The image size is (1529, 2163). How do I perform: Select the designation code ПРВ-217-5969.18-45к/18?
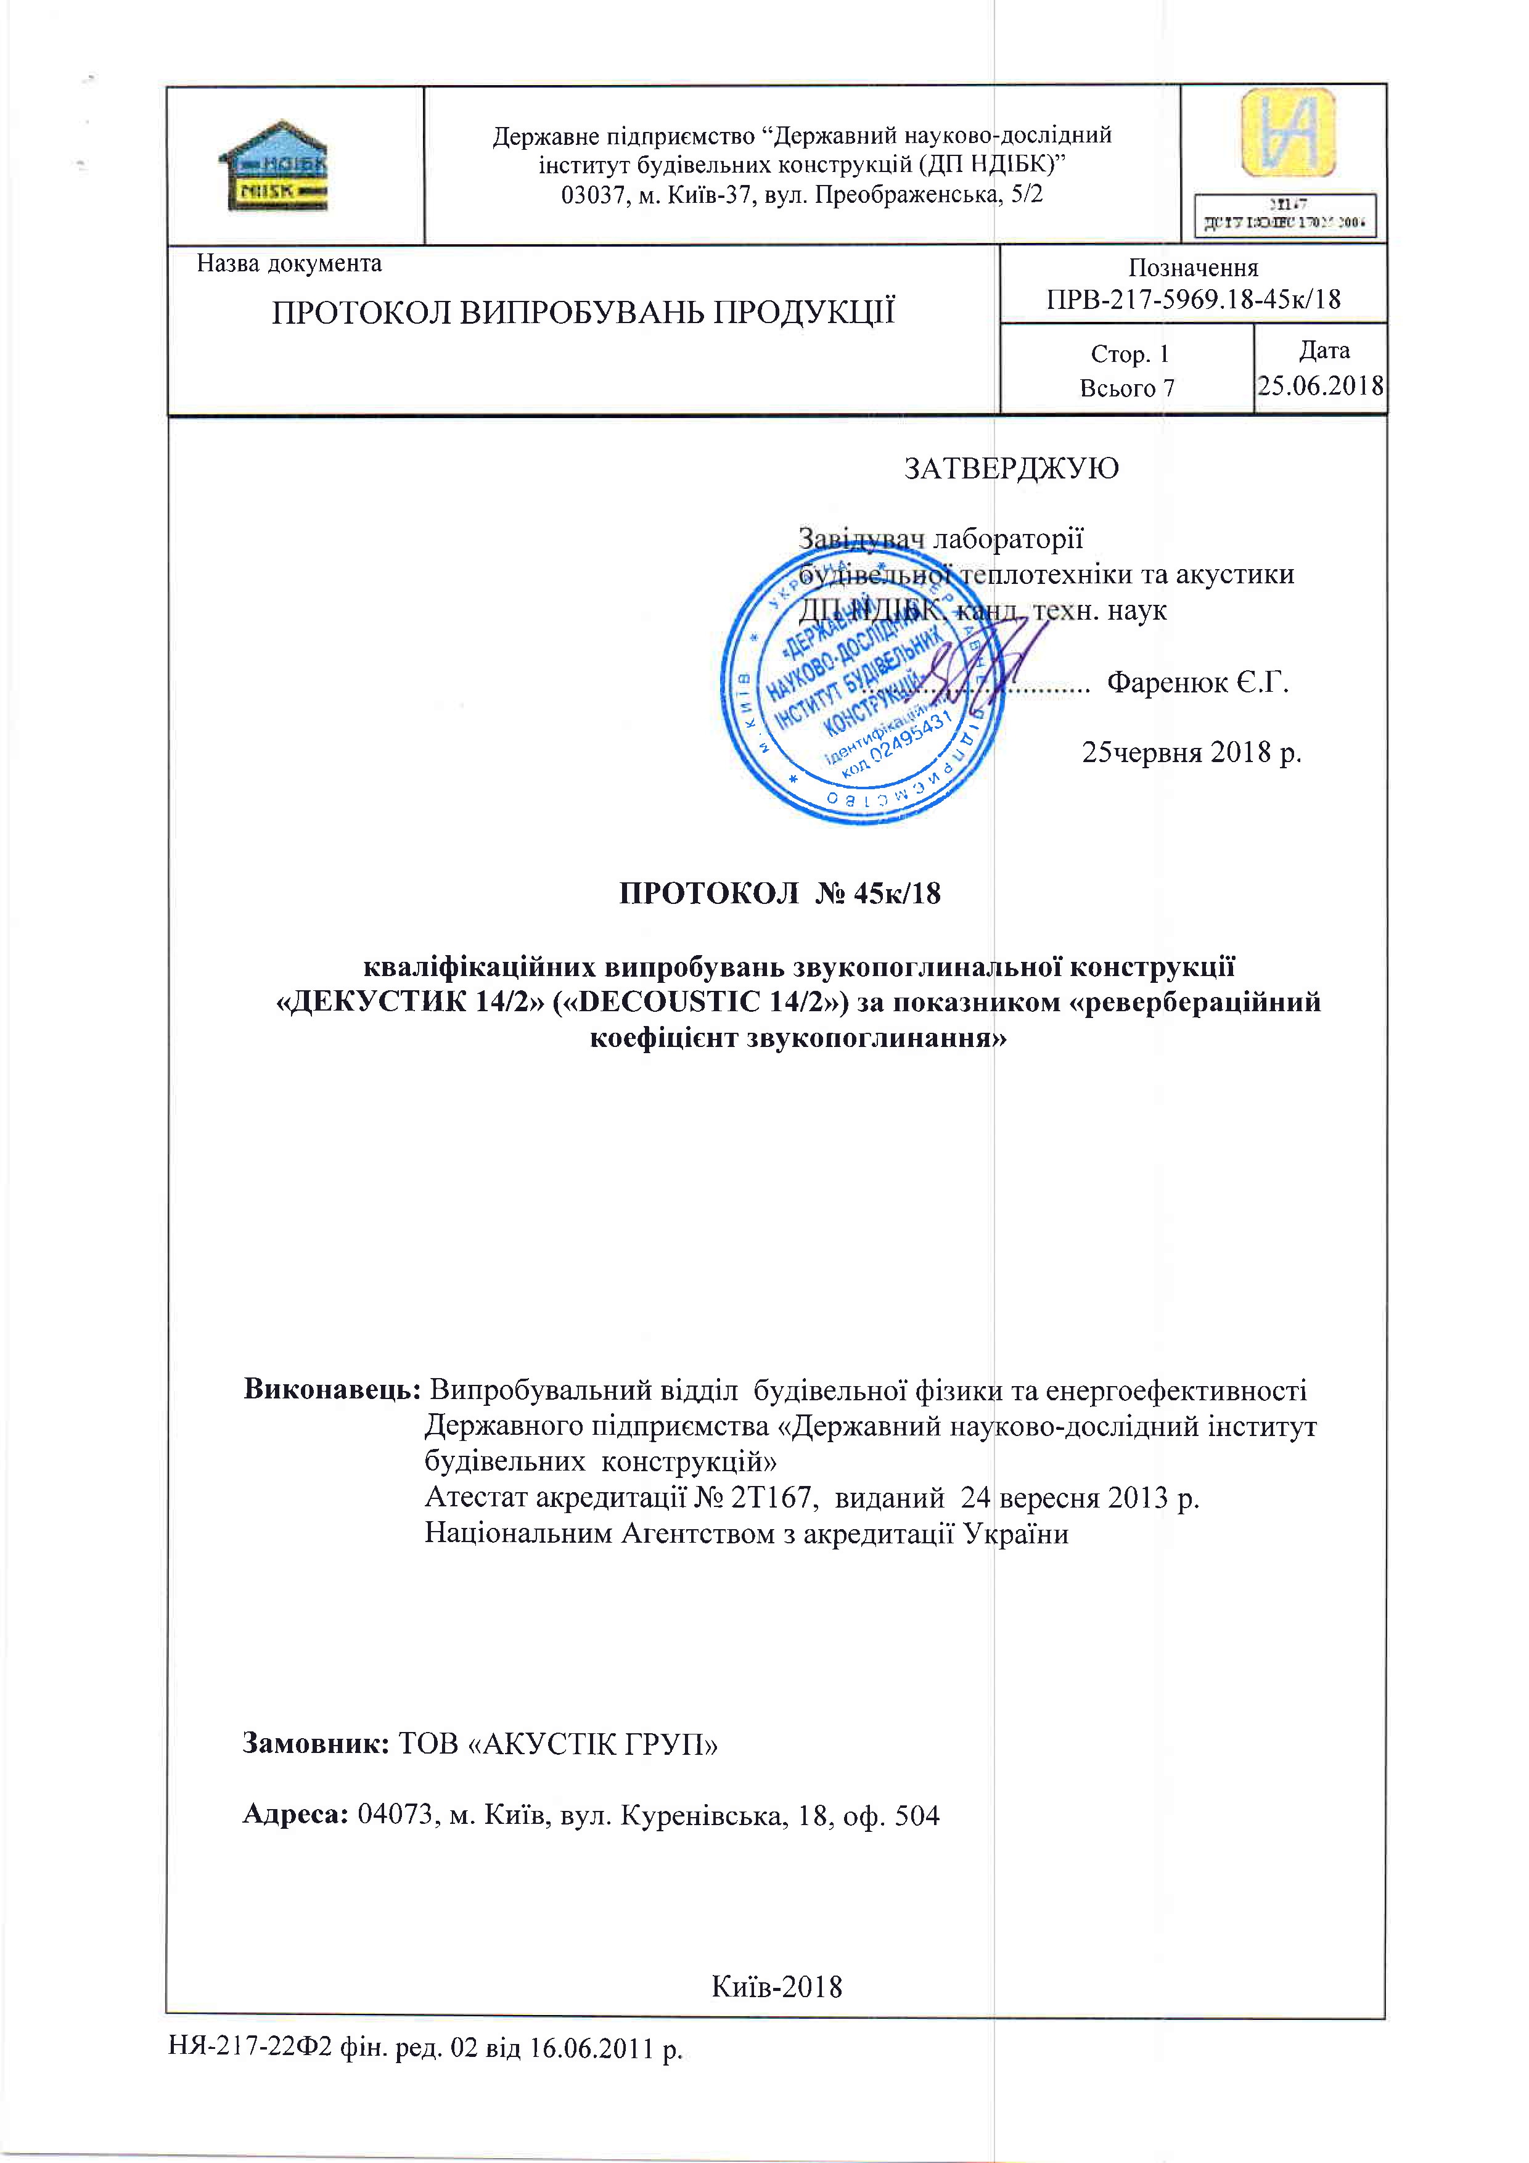[1192, 300]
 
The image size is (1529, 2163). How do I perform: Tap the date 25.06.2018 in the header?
[1320, 385]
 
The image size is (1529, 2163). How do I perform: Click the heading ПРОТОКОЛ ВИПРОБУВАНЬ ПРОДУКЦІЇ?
[583, 313]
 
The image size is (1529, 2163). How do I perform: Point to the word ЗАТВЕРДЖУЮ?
[1011, 468]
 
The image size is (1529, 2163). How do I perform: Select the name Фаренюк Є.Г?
[1197, 682]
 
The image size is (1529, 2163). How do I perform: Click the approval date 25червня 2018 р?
[1191, 753]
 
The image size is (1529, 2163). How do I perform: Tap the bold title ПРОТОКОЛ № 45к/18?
[779, 893]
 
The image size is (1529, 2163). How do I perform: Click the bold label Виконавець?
[332, 1390]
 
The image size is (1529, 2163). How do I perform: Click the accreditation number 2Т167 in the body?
[773, 1498]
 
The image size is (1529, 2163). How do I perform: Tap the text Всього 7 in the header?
[1127, 388]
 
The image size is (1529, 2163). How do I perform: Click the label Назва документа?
[289, 264]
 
